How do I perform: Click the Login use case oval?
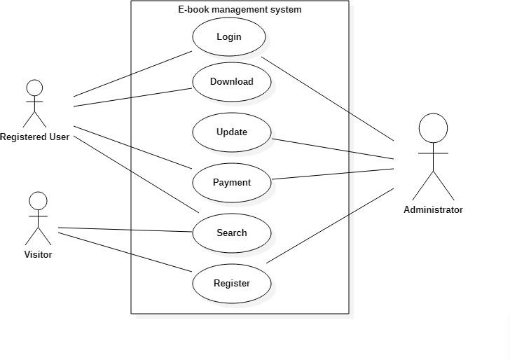[228, 37]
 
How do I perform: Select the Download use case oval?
[231, 82]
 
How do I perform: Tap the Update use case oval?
[231, 132]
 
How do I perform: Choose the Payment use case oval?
[231, 183]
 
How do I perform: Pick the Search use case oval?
[231, 233]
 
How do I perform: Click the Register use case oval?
[231, 284]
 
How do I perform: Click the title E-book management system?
[240, 10]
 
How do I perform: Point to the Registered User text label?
[34, 137]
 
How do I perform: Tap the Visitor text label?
[38, 255]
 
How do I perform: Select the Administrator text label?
[433, 210]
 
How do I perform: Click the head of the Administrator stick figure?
[433, 128]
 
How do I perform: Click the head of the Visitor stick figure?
[38, 202]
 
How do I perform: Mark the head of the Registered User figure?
[34, 88]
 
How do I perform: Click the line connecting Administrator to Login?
[328, 99]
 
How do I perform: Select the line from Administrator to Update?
[333, 148]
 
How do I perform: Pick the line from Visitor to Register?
[126, 251]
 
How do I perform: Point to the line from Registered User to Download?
[133, 98]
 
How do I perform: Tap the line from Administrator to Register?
[329, 226]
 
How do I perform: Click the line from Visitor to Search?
[126, 230]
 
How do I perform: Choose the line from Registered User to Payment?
[133, 148]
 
